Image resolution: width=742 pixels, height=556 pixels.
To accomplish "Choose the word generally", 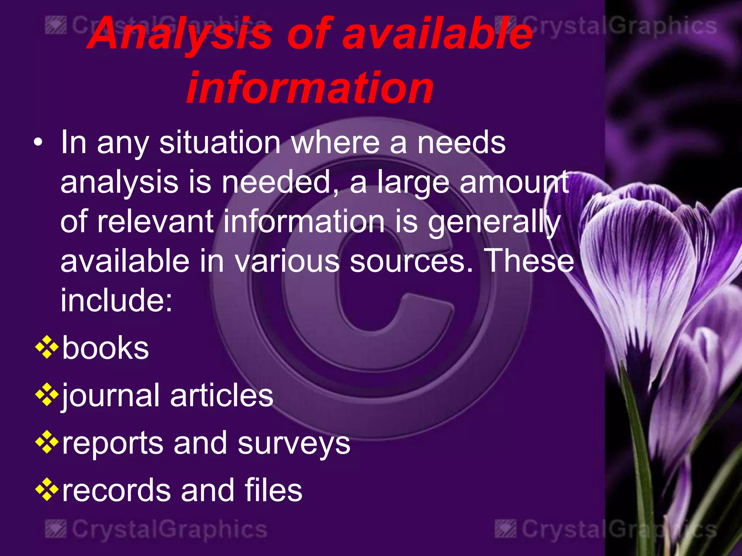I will coord(494,222).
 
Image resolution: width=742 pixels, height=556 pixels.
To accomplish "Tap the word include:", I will coord(116,300).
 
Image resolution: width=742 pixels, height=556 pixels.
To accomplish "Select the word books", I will coord(105,348).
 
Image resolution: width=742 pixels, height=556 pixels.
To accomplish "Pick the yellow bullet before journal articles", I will coord(47,395).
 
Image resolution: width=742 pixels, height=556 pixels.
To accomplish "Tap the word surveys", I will coord(294,444).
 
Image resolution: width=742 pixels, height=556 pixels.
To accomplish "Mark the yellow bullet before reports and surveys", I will coord(47,442).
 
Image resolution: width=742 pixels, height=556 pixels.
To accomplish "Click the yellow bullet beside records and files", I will coord(47,489).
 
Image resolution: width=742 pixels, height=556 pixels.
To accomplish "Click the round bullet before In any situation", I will coord(38,143).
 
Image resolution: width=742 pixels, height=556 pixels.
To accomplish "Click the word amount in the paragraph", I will coord(514,182).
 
